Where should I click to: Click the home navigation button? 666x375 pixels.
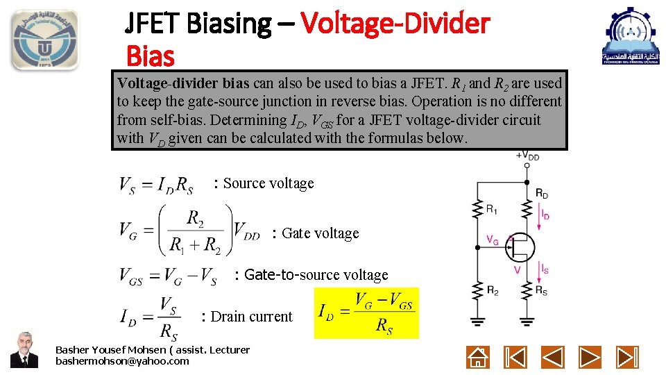(x=479, y=357)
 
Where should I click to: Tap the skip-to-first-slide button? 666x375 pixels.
(x=515, y=357)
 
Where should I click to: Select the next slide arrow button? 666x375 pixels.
(x=590, y=357)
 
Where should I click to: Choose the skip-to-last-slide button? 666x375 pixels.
(x=627, y=357)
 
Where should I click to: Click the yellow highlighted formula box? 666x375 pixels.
(x=366, y=312)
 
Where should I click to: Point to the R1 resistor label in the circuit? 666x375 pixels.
(x=492, y=208)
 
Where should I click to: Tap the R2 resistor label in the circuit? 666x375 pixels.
(x=492, y=292)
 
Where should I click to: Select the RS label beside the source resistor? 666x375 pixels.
(x=541, y=292)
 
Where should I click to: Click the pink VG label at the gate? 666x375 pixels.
(x=493, y=240)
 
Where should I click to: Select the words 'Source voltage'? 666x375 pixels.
(x=268, y=183)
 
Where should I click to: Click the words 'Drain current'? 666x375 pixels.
(x=251, y=317)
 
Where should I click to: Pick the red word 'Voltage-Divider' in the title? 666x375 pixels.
(x=395, y=24)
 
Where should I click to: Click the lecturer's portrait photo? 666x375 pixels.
(x=24, y=349)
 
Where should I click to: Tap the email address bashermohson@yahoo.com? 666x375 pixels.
(x=122, y=361)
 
